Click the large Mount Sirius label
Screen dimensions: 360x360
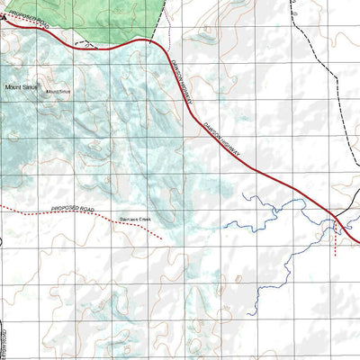point(22,86)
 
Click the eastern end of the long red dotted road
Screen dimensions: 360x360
point(161,238)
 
